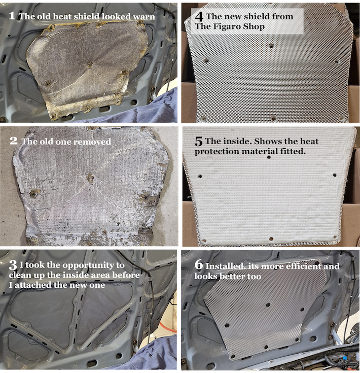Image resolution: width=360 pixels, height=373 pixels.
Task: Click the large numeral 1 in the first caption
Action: pos(12,16)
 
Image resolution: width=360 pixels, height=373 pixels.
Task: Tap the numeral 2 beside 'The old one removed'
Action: pos(14,141)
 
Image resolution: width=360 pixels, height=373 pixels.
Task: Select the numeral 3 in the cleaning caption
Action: pos(13,265)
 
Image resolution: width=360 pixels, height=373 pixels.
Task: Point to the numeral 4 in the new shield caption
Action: pos(199,17)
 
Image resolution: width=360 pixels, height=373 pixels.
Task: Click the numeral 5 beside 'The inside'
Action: pos(198,142)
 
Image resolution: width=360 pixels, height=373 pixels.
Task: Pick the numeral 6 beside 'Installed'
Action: pos(199,265)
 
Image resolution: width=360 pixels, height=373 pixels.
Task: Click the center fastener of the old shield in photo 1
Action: pos(90,64)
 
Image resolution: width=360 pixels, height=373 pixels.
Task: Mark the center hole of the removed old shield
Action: pos(90,178)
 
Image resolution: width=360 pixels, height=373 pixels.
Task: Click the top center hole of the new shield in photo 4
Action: pos(271,46)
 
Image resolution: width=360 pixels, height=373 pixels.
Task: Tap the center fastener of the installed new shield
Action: pos(268,304)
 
